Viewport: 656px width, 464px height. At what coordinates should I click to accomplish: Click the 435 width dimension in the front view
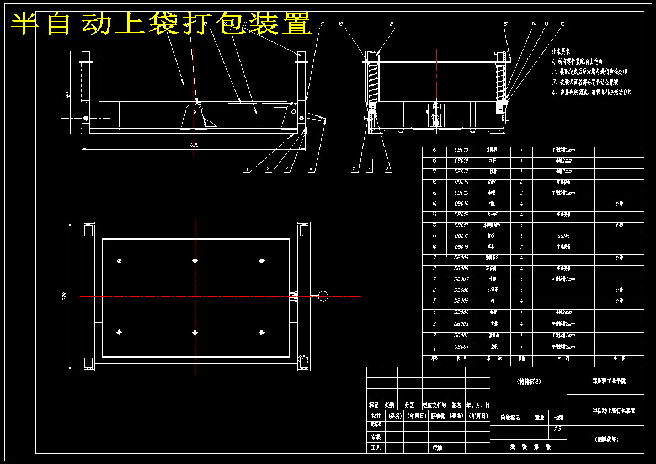(194, 145)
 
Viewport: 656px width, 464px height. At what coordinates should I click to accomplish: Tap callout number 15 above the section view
(505, 24)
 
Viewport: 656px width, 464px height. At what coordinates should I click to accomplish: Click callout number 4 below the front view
(311, 169)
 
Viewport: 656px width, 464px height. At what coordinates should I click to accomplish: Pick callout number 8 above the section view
(391, 24)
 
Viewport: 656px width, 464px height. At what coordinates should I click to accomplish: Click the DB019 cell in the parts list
(461, 150)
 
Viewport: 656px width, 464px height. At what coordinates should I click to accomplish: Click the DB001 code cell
(461, 347)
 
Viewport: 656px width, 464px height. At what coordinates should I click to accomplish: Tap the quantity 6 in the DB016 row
(521, 182)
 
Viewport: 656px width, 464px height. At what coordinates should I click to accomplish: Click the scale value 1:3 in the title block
(557, 428)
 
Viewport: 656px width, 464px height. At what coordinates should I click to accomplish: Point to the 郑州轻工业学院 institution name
(605, 381)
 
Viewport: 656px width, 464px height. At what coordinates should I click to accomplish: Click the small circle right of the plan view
(323, 296)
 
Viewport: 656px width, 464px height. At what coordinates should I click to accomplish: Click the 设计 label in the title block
(375, 415)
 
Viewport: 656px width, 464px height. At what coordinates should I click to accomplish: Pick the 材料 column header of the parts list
(563, 358)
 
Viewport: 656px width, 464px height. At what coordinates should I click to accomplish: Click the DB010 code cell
(461, 247)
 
